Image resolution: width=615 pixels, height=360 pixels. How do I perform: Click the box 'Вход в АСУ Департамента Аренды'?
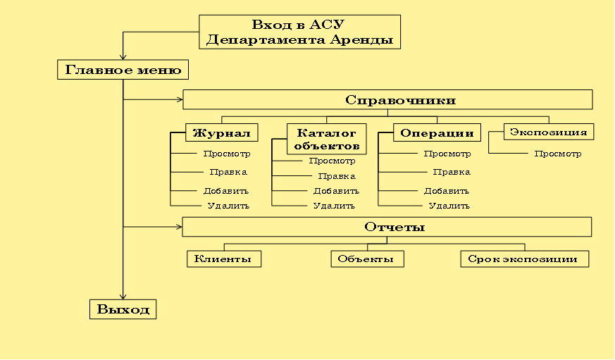pos(299,32)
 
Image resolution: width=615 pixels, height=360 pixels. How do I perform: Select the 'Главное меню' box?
pos(123,70)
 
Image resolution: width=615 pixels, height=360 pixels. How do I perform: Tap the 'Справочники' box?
pos(387,99)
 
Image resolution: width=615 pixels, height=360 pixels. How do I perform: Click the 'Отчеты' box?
pos(387,226)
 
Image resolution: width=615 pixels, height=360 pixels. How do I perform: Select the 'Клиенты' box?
pos(224,259)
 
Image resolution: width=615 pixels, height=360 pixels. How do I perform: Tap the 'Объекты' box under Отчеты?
pos(367,259)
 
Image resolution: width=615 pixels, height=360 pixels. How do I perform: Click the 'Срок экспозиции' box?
pos(524,259)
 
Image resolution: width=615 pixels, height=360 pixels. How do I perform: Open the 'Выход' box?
pos(123,309)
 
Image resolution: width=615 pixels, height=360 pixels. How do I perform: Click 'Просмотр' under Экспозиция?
pos(557,154)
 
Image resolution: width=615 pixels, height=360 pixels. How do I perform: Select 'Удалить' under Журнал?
pos(228,206)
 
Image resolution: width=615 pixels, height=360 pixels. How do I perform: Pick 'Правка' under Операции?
pos(451,172)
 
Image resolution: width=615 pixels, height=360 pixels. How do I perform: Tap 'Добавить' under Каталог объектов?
pos(336,191)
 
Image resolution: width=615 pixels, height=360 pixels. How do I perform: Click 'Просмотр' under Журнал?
pos(226,154)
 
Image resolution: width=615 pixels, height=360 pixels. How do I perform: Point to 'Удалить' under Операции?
pos(449,206)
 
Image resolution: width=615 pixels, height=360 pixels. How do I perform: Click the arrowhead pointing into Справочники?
pos(179,99)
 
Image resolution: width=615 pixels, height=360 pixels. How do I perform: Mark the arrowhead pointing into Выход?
pos(123,296)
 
